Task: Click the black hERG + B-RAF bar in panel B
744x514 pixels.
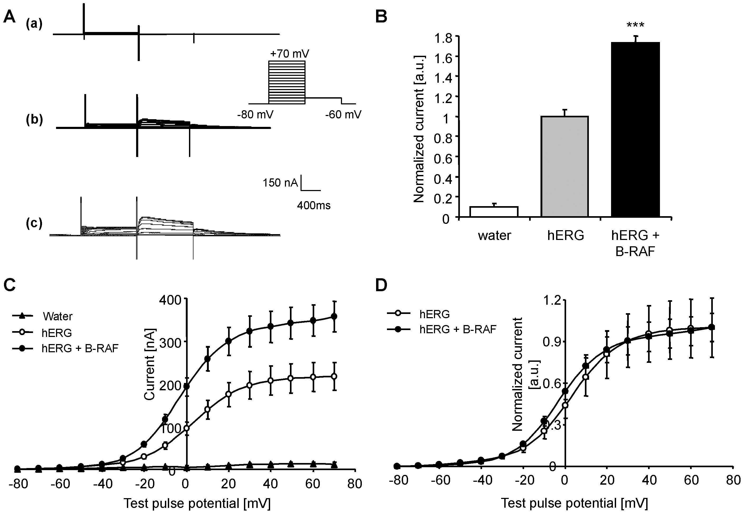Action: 635,129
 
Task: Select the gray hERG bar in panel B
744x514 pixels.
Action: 565,166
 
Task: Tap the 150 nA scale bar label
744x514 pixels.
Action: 280,183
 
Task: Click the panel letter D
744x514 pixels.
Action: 381,285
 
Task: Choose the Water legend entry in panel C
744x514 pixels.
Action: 57,316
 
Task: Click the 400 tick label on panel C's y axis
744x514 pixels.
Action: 170,300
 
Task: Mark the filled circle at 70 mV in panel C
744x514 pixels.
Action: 334,316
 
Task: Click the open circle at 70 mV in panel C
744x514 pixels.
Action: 334,376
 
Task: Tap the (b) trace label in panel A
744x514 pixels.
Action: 34,119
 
